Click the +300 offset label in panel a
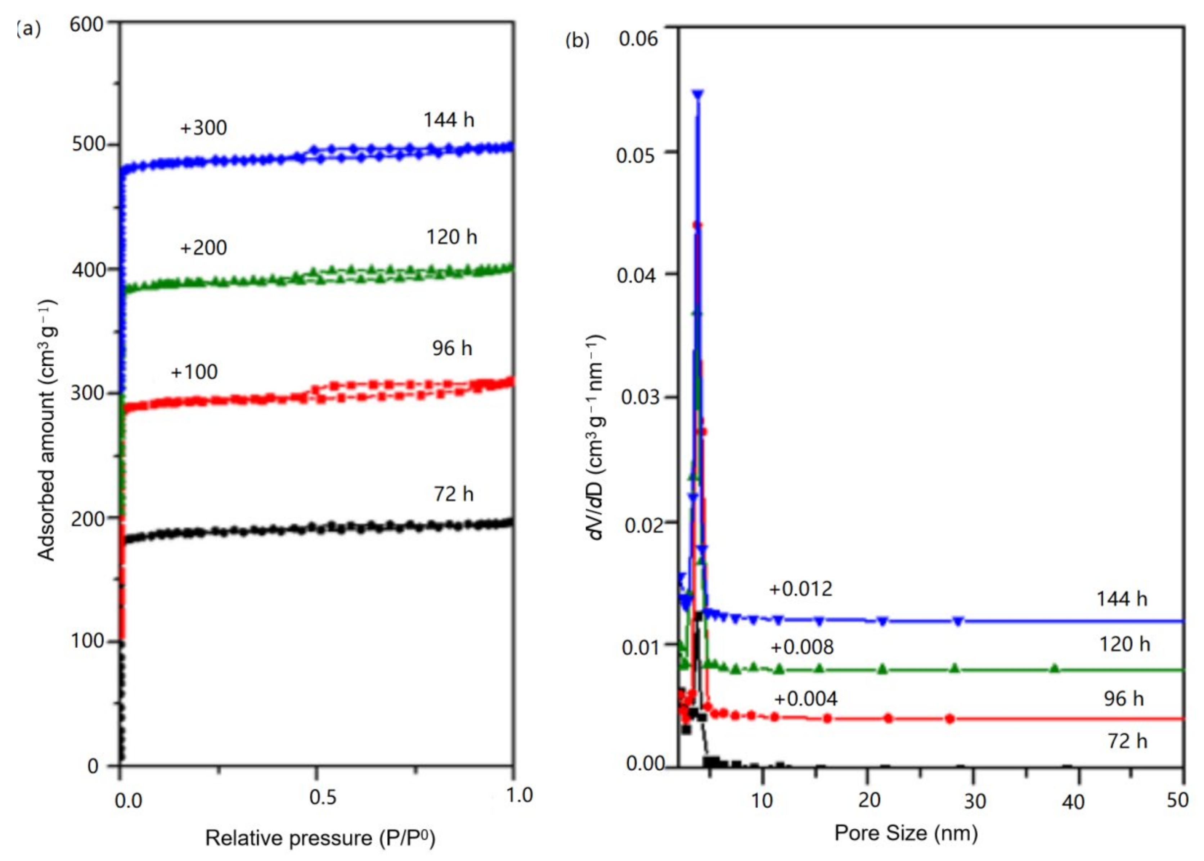point(203,128)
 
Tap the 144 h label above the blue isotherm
point(449,120)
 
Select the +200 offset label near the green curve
point(203,248)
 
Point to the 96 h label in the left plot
point(452,348)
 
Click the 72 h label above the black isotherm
point(453,494)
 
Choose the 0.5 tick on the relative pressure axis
point(322,797)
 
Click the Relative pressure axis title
point(320,838)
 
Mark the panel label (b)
point(578,40)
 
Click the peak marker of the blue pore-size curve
point(698,94)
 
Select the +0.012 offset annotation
point(800,589)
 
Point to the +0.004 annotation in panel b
point(805,699)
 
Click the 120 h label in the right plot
point(1124,644)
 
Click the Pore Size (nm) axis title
point(906,833)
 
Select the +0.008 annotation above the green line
point(801,647)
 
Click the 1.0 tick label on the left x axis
point(518,795)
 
